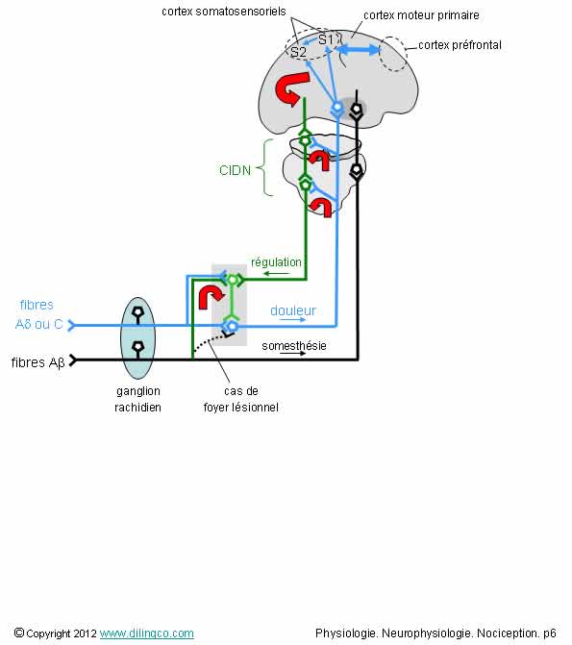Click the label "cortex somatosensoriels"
(223, 12)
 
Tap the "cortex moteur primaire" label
(421, 15)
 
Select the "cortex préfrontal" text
(460, 45)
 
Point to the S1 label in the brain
(326, 39)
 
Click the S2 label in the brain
(298, 52)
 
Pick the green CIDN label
(235, 170)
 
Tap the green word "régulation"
(276, 262)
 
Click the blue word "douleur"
(293, 310)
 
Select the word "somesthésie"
(294, 346)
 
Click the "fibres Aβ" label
(37, 362)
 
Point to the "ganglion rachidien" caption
(137, 399)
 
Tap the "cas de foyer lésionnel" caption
(241, 399)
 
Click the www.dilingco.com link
(146, 633)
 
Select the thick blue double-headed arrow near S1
(359, 50)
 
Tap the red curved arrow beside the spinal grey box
(211, 297)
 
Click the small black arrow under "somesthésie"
(292, 354)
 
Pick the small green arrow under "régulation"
(276, 274)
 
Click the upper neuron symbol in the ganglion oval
(137, 313)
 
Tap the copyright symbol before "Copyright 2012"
(19, 633)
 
